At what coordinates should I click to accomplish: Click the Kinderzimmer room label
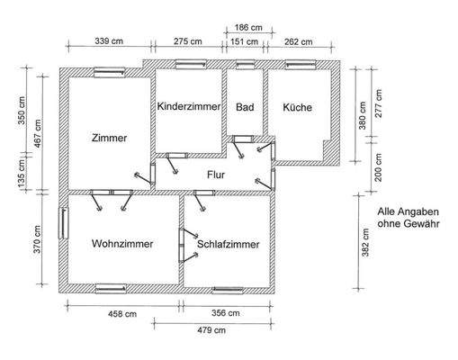point(188,107)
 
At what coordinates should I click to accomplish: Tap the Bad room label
point(244,107)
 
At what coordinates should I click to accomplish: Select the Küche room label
point(298,107)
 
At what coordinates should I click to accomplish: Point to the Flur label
point(216,175)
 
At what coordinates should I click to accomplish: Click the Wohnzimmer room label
point(122,244)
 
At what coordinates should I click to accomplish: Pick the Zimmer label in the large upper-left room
point(110,139)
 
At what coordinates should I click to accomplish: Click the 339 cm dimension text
point(109,41)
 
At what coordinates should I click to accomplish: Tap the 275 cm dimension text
point(186,41)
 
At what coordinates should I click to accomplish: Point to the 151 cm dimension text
point(244,41)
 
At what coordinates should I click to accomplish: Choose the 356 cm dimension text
point(225,314)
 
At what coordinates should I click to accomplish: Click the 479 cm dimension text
point(211,331)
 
